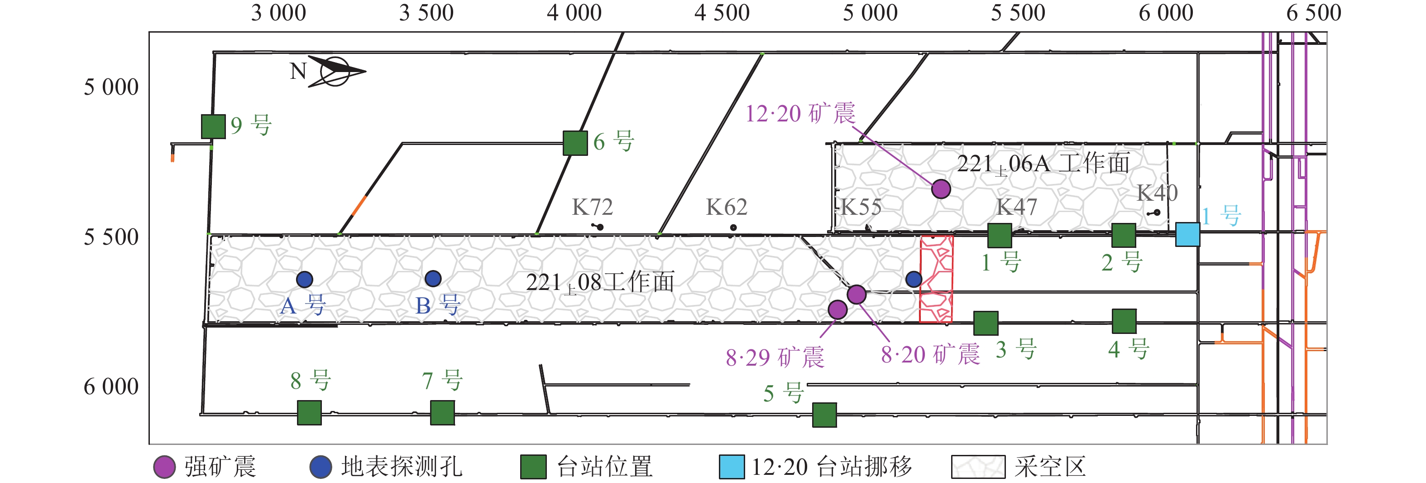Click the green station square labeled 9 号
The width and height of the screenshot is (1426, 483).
(x=213, y=126)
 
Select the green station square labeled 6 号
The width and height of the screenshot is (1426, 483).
(x=575, y=143)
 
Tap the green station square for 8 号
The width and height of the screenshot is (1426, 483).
(x=310, y=413)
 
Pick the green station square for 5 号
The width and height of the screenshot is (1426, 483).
(x=824, y=415)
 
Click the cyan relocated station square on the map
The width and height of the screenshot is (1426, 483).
(x=1187, y=234)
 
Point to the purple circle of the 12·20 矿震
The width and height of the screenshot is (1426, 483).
(x=941, y=189)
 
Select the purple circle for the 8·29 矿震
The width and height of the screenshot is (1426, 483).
(x=837, y=309)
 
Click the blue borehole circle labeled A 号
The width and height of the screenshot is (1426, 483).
(x=305, y=280)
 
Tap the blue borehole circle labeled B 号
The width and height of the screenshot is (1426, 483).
(x=433, y=278)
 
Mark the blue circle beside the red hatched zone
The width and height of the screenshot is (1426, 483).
(x=914, y=279)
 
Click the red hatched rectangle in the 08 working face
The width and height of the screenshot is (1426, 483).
(x=936, y=279)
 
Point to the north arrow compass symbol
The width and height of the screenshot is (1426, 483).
(x=335, y=72)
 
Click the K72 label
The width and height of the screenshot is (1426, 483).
(x=592, y=207)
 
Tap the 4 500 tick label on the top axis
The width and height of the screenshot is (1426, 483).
(x=722, y=13)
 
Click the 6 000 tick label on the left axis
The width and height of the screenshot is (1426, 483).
(x=111, y=386)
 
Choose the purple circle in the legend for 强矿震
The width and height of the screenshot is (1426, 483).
(x=164, y=467)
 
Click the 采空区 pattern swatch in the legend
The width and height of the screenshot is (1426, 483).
(x=978, y=467)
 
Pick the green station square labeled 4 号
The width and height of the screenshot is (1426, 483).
(x=1125, y=321)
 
